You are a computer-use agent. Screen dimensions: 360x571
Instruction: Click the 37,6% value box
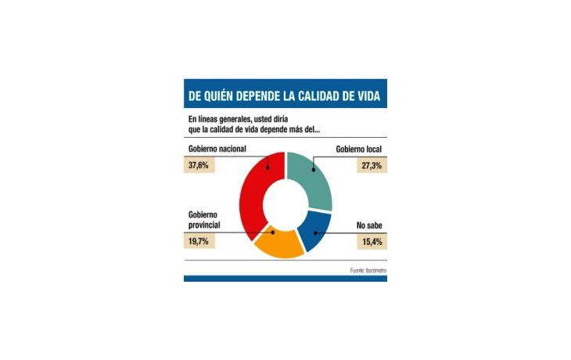(x=204, y=166)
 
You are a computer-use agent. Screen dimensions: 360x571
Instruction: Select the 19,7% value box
(x=204, y=242)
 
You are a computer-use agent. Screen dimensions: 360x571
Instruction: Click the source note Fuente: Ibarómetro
(x=367, y=270)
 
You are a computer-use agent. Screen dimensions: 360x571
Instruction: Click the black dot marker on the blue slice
(x=314, y=232)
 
